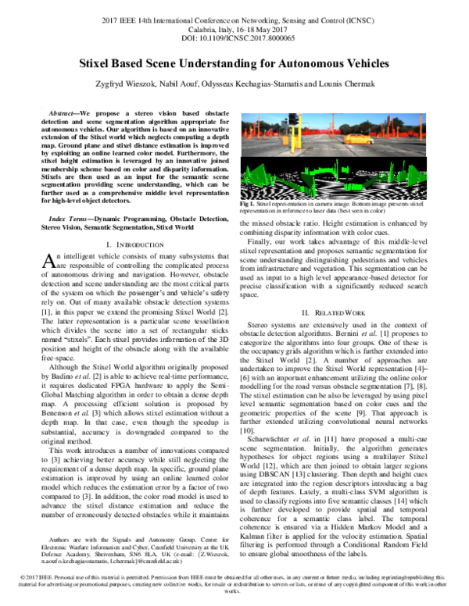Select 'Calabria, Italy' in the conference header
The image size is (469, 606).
[x=200, y=27]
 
